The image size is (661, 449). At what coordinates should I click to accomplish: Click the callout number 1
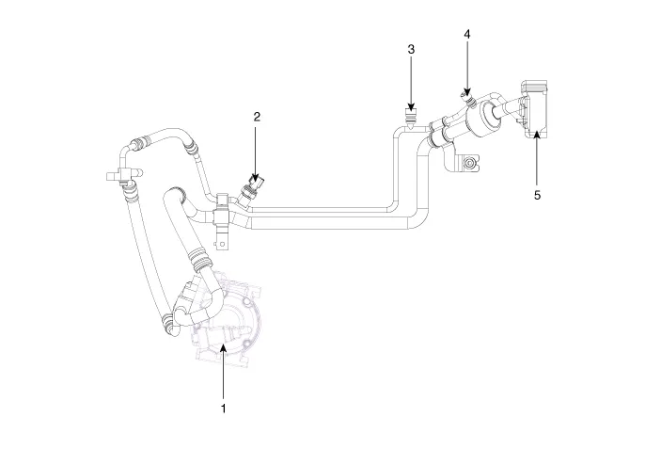(223, 409)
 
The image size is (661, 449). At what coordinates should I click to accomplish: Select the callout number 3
(411, 48)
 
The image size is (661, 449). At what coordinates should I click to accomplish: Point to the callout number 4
(467, 34)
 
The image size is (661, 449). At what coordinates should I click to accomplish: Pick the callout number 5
(537, 196)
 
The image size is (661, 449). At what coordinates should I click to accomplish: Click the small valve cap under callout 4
(464, 94)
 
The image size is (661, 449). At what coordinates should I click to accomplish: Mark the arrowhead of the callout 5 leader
(537, 136)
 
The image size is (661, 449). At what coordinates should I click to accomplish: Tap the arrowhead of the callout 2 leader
(257, 175)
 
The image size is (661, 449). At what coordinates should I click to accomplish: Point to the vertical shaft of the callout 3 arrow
(411, 80)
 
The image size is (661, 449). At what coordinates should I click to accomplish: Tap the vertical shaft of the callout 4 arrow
(467, 66)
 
